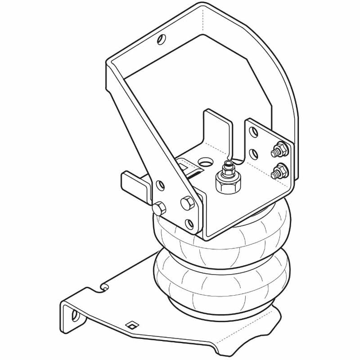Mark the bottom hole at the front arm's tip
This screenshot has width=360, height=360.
pos(190,222)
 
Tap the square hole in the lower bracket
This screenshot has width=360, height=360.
pos(131,324)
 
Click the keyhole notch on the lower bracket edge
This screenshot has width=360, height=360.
pos(104,285)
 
